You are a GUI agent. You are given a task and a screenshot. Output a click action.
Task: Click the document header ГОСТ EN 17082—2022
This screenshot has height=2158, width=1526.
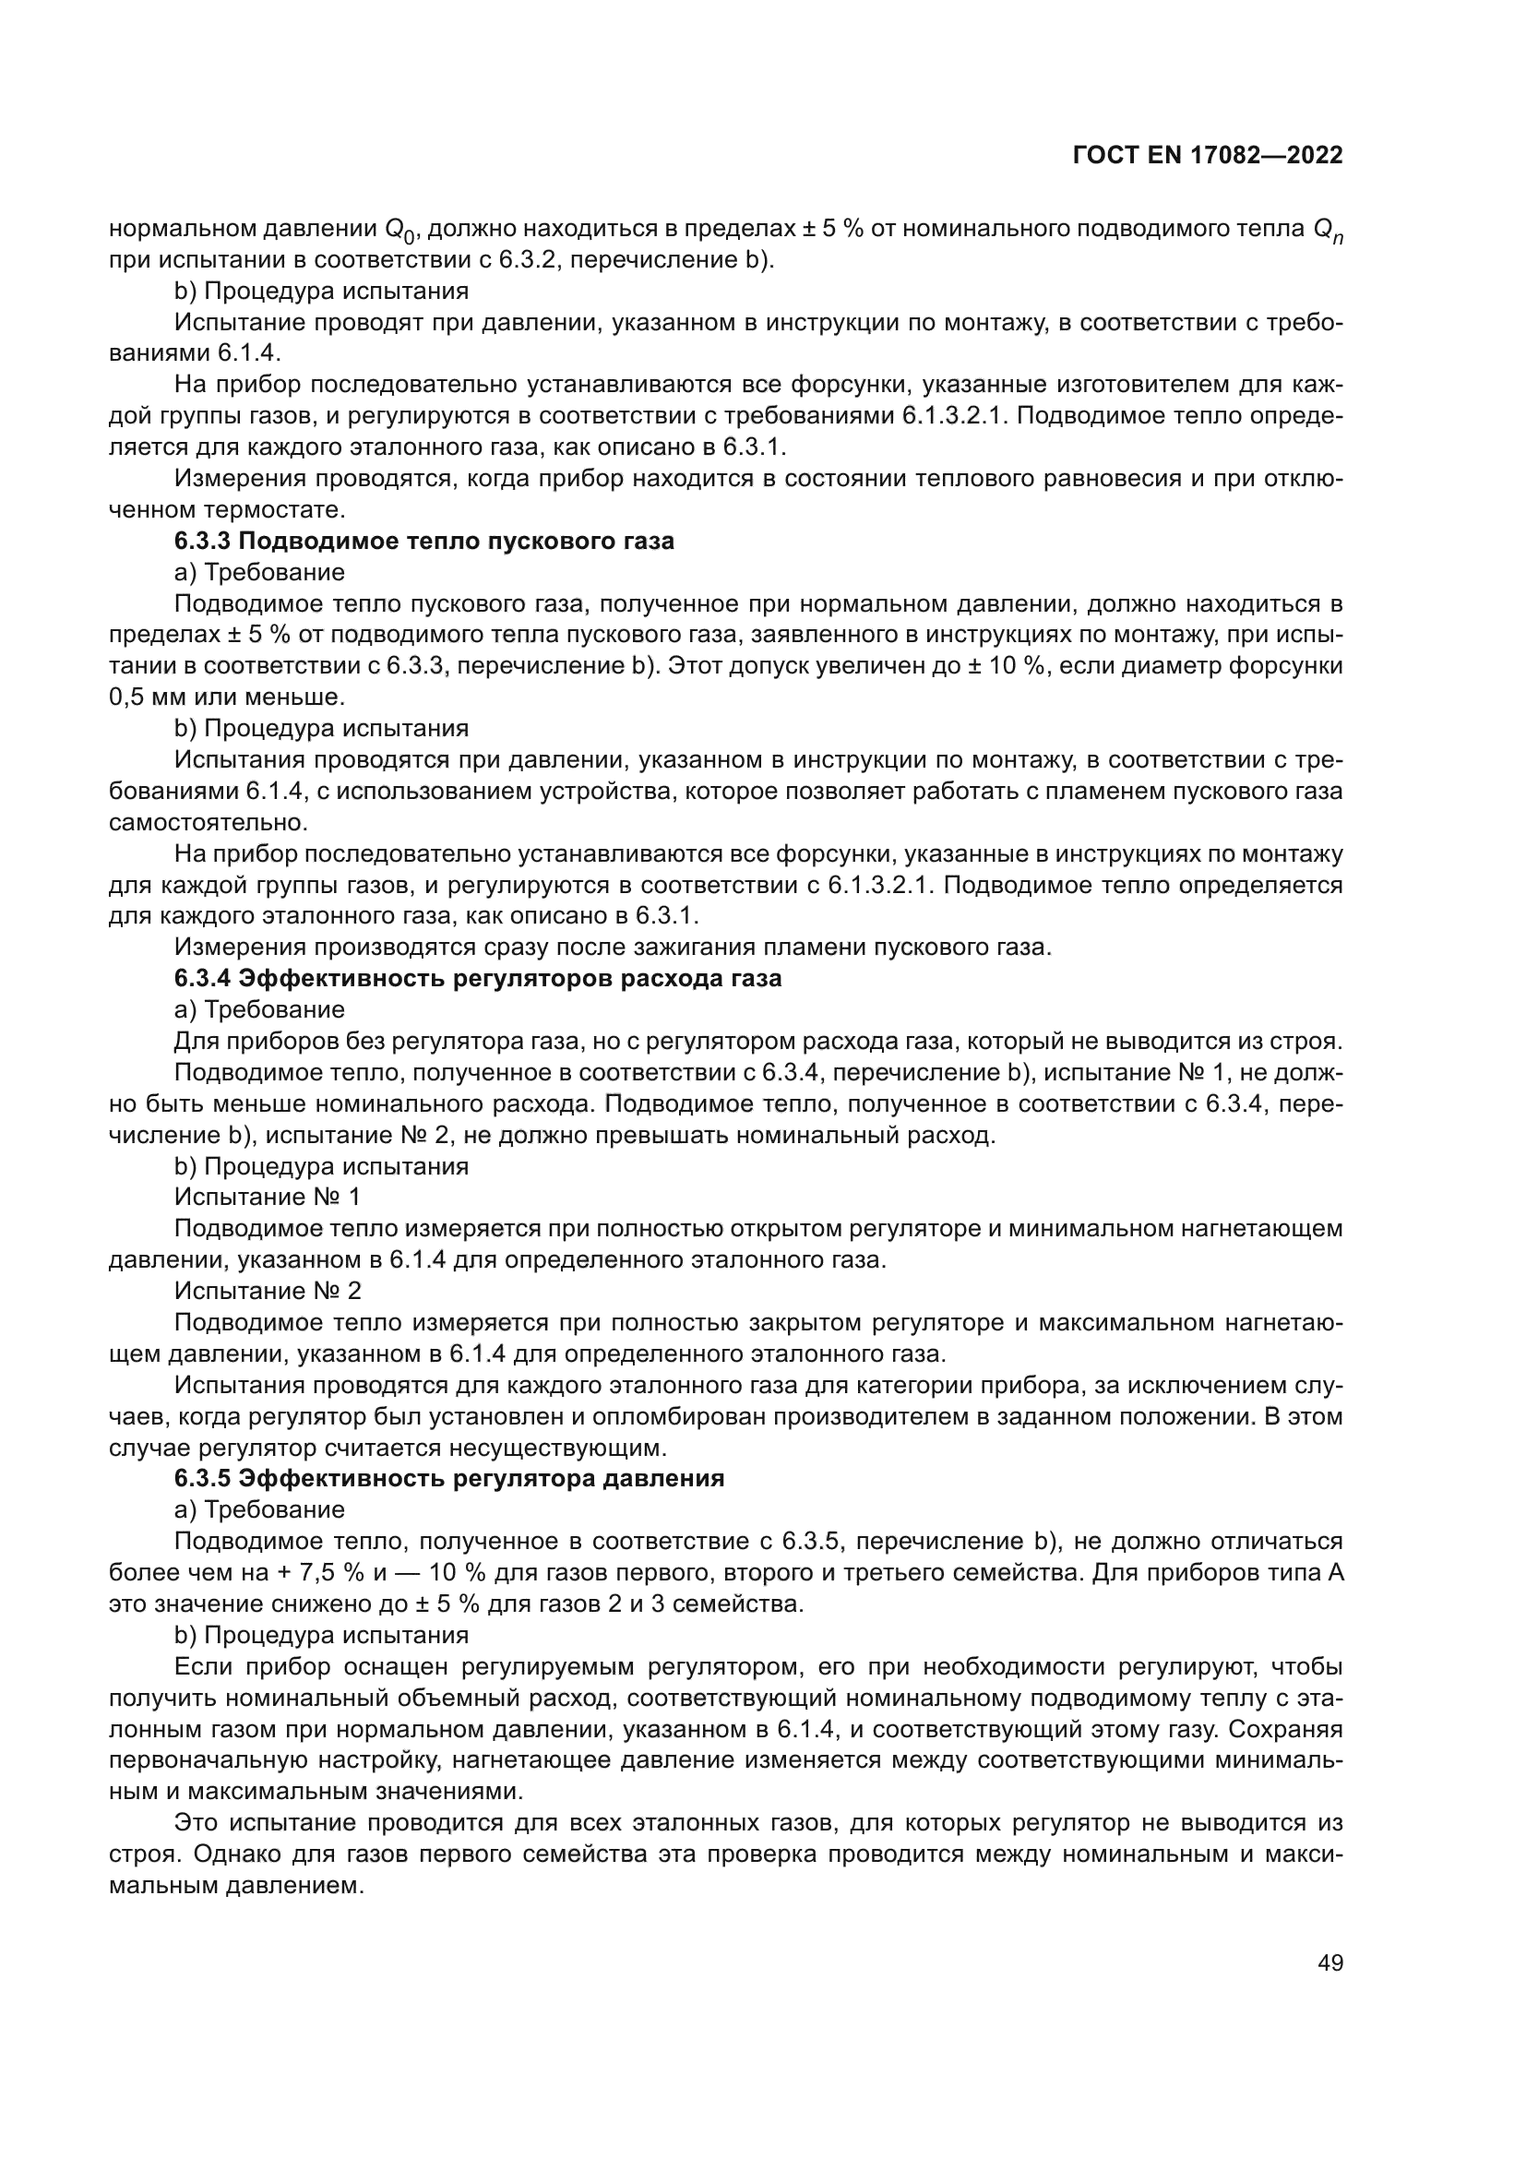point(1208,156)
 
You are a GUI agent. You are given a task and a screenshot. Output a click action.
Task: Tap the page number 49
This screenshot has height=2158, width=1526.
point(1329,1963)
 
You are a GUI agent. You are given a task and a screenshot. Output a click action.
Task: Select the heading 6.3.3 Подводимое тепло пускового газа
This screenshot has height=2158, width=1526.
point(423,542)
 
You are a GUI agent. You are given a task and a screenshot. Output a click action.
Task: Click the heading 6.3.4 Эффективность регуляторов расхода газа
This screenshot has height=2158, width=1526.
point(477,978)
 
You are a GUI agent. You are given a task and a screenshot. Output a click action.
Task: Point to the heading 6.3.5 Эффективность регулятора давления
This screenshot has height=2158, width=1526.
point(449,1478)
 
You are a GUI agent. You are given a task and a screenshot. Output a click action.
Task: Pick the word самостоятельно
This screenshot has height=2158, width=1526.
point(208,822)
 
